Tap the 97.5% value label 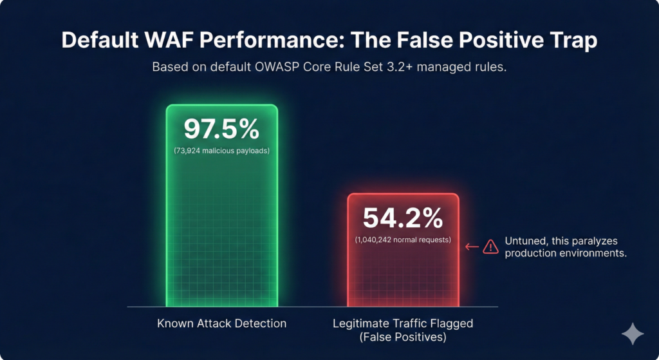tap(221, 129)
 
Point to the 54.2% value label tap(403, 218)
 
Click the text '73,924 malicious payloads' tap(221, 151)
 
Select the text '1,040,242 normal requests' tap(403, 240)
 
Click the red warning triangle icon tap(490, 246)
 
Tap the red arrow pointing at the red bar tap(471, 246)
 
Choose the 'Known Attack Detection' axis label tap(222, 323)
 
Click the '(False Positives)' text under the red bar tap(404, 336)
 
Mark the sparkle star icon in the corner tap(632, 334)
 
